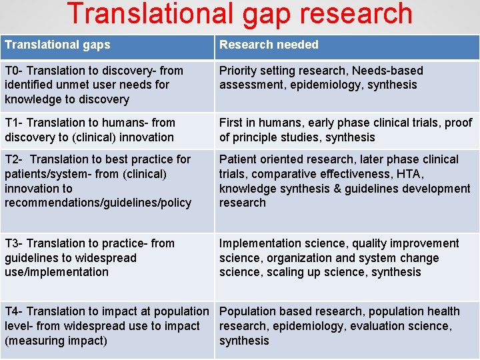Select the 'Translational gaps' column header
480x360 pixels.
click(x=57, y=45)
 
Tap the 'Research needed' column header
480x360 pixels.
click(x=269, y=45)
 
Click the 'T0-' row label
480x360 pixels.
click(x=13, y=71)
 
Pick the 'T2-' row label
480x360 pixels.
click(x=13, y=159)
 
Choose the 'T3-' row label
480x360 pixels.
click(x=13, y=243)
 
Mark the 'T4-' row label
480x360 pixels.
click(x=13, y=311)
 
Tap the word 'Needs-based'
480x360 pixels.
click(x=387, y=71)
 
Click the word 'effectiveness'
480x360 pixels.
click(x=358, y=174)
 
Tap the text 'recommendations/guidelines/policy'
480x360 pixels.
click(x=98, y=203)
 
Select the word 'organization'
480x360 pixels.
click(x=300, y=258)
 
